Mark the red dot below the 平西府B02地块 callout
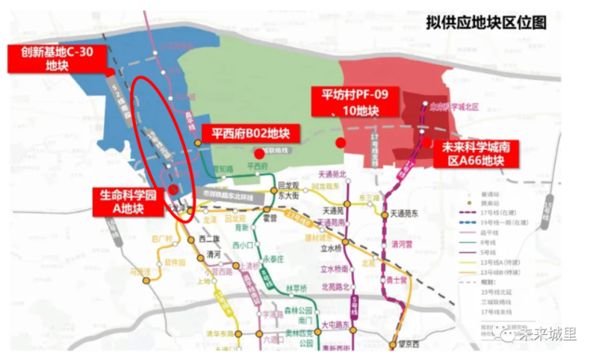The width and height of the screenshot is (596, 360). (258, 153)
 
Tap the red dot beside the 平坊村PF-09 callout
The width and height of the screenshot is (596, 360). (340, 141)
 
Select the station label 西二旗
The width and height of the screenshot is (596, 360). (207, 239)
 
